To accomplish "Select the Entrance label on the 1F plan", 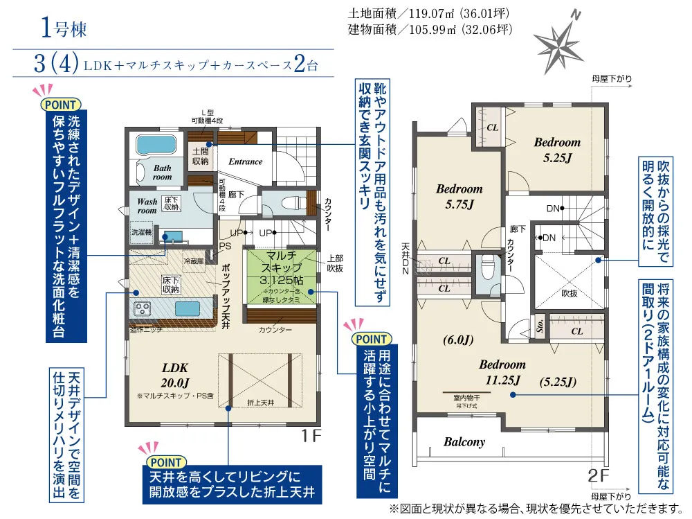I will click(246, 161).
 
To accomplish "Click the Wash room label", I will click(147, 205).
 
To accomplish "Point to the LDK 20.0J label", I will click(175, 373).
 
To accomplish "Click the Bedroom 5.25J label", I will click(557, 148).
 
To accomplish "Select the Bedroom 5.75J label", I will click(459, 195).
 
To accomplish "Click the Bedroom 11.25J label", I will click(502, 371).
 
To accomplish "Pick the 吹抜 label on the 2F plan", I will click(569, 292).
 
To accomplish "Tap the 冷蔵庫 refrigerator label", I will click(192, 261).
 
